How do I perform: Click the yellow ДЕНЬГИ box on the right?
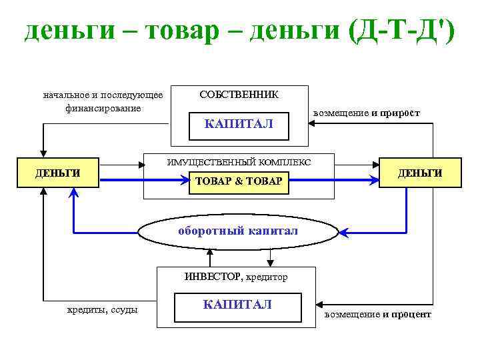point(420,173)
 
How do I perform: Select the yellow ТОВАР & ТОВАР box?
point(239,181)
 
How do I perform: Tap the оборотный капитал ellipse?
point(239,231)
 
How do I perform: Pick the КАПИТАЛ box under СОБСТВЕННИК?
point(239,125)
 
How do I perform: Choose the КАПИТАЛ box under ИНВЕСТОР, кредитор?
point(237,305)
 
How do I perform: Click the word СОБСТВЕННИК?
point(239,95)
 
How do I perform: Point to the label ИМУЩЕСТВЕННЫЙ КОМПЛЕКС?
point(239,162)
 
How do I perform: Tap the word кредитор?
point(267,277)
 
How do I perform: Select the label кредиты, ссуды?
point(103,309)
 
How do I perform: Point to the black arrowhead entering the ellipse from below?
point(211,251)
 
